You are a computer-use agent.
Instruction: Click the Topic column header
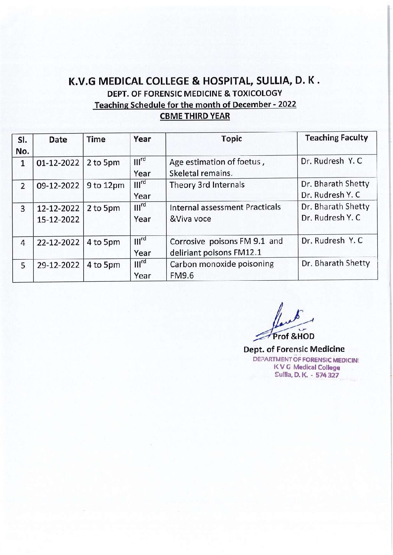coord(231,139)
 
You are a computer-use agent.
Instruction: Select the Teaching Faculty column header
coord(337,138)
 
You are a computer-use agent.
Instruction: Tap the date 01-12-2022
coord(58,163)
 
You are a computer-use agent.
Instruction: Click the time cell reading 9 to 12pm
coord(105,185)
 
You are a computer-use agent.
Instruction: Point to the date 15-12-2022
coord(58,219)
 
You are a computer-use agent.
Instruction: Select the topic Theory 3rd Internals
coord(207,185)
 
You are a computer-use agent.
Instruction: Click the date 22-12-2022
coord(58,242)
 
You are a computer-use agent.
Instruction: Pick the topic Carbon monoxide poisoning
coord(222,264)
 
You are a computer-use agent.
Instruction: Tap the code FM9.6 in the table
coord(182,276)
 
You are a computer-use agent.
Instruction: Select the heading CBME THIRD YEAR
coord(195,116)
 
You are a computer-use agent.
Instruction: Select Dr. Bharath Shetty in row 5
coord(335,263)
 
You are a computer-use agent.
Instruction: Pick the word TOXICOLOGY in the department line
coord(258,93)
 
